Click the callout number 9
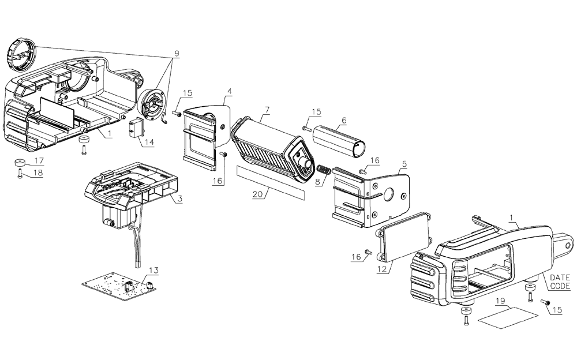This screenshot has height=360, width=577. pyautogui.click(x=176, y=54)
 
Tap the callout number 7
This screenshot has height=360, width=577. pyautogui.click(x=267, y=110)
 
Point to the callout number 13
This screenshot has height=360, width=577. pyautogui.click(x=152, y=269)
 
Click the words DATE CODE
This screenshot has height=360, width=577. pyautogui.click(x=559, y=282)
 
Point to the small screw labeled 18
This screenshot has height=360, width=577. pyautogui.click(x=21, y=172)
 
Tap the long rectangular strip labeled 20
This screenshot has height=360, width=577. pyautogui.click(x=269, y=182)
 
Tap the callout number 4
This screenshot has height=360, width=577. pyautogui.click(x=229, y=91)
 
